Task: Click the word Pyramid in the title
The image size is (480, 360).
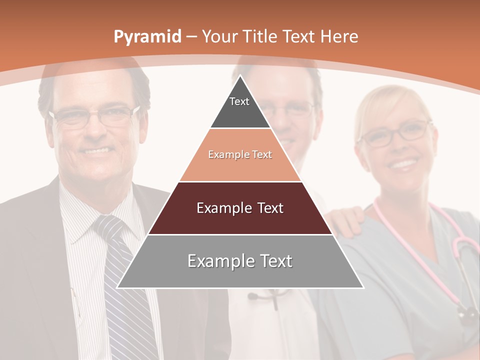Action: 147,37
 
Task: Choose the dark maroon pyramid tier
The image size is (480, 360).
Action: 240,208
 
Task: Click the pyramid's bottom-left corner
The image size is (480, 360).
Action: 117,287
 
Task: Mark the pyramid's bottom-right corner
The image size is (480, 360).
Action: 363,287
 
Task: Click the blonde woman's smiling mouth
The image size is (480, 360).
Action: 404,163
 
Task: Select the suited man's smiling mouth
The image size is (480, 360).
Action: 97,150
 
